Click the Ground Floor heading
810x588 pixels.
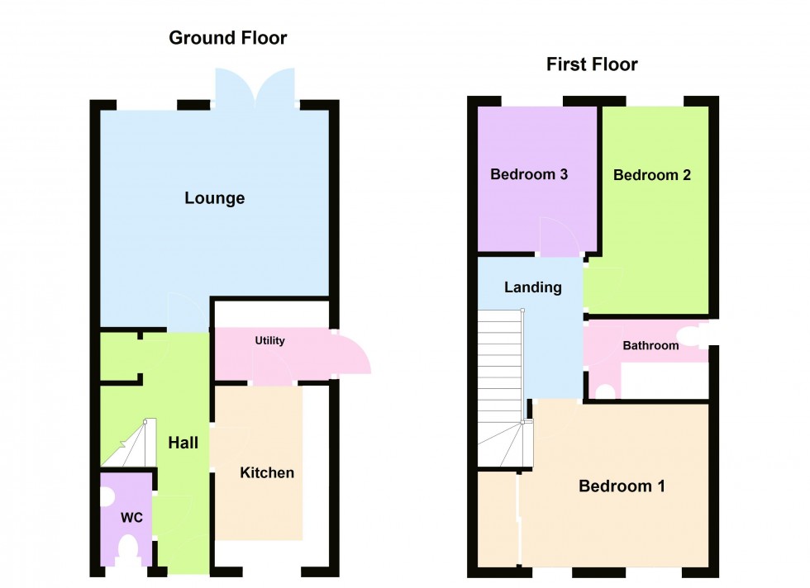pos(228,37)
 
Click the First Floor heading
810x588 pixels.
pos(592,64)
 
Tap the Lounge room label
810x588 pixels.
pos(215,198)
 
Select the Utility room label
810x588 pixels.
pos(269,340)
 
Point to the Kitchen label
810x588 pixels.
pos(267,472)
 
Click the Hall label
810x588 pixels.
pos(183,443)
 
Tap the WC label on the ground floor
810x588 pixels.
pos(132,518)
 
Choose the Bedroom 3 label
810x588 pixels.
pos(529,174)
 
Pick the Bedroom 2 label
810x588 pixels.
pos(652,175)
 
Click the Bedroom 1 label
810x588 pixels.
pos(622,486)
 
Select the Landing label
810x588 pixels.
pos(533,287)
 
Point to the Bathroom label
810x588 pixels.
pos(650,345)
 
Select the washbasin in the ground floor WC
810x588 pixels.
pos(106,496)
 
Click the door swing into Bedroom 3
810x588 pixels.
pos(559,235)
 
